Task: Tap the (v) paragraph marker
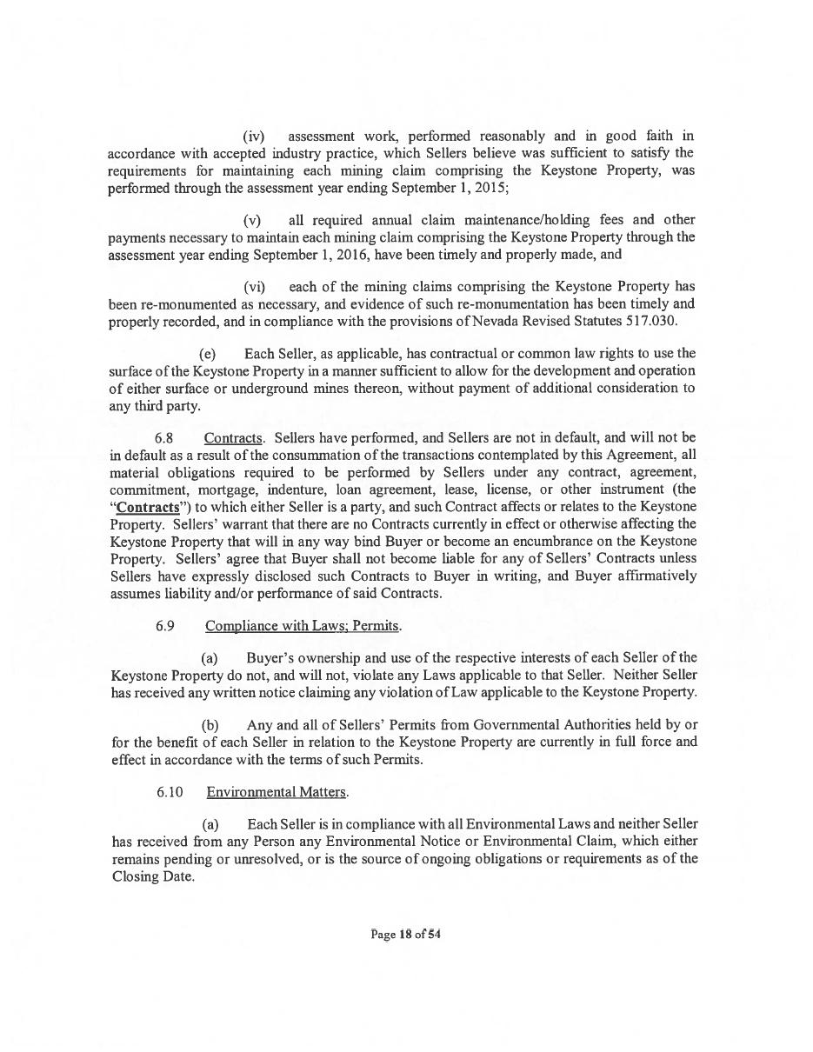coord(252,220)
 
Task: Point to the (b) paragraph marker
coord(210,725)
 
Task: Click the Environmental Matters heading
coord(277,792)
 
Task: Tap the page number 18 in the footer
coord(404,935)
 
